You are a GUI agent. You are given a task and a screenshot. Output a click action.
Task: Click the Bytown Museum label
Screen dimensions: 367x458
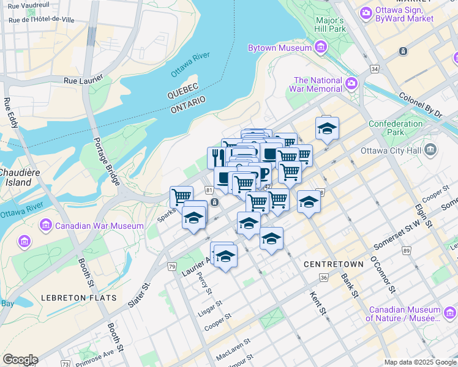click(280, 48)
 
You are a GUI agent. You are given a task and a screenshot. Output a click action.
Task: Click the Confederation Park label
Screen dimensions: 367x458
click(396, 128)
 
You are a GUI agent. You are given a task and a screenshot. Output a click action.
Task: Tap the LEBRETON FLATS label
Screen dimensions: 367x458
click(78, 298)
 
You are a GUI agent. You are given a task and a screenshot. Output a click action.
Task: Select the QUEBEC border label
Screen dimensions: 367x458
click(186, 95)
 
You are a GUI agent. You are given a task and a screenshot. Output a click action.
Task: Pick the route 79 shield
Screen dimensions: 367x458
click(171, 267)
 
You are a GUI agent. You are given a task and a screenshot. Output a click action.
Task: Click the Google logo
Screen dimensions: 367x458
click(20, 360)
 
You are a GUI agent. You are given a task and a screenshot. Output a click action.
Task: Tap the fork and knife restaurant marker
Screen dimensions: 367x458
click(216, 158)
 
